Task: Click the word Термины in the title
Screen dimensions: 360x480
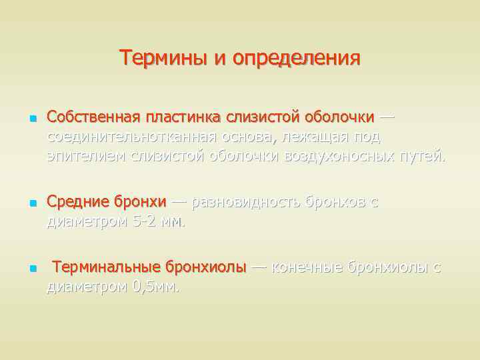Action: pyautogui.click(x=165, y=58)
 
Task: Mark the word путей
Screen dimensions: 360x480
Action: pyautogui.click(x=423, y=157)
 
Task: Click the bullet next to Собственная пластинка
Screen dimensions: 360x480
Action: pyautogui.click(x=31, y=119)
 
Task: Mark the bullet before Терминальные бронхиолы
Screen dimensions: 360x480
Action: pyautogui.click(x=31, y=269)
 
